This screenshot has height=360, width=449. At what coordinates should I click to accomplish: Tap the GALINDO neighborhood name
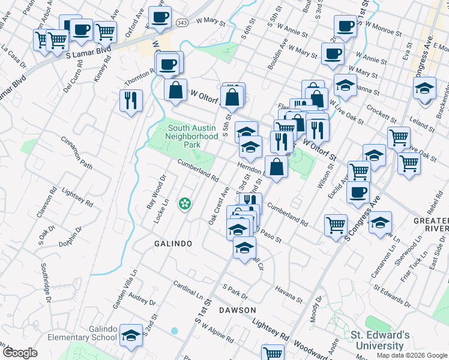tap(173, 244)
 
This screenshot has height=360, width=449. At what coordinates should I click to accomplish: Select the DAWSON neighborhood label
tap(237, 310)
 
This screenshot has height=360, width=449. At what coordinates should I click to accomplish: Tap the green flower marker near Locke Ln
tap(185, 204)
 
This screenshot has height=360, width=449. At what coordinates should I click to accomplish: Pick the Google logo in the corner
tap(20, 353)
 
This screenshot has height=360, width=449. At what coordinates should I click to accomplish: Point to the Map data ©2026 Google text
tap(411, 355)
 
